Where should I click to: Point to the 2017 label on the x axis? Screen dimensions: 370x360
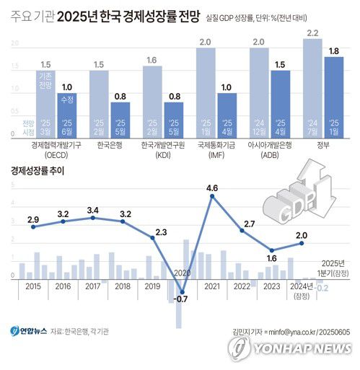(93, 287)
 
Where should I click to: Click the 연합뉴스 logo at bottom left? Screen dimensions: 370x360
(29, 331)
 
